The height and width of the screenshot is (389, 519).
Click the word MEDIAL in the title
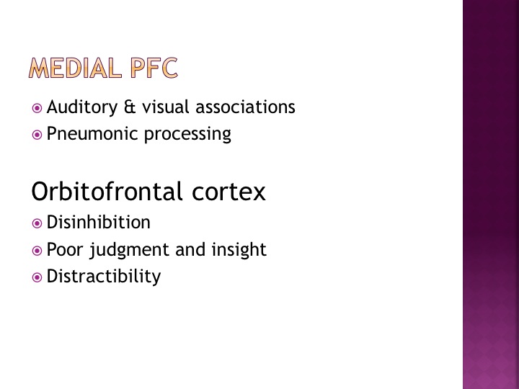(74, 68)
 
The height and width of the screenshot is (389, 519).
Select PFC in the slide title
(154, 68)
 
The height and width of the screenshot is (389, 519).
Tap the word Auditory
(82, 107)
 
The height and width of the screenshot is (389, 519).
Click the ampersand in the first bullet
(130, 107)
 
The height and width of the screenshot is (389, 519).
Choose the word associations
(245, 107)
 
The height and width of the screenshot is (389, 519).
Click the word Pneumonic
(92, 134)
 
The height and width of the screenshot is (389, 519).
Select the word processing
(187, 134)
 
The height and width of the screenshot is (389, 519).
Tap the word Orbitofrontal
(107, 191)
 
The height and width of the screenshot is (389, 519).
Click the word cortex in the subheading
(229, 192)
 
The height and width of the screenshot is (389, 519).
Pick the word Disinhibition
(99, 222)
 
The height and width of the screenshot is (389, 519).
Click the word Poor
(65, 249)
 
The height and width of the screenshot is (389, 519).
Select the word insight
(239, 250)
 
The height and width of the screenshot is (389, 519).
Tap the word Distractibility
(104, 276)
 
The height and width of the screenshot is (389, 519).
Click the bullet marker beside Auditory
(37, 108)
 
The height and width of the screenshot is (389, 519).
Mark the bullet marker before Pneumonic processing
(37, 135)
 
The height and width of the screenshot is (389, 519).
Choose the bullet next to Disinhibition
(37, 223)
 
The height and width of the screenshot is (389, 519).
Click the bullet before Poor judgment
(37, 251)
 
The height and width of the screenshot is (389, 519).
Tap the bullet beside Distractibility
(37, 277)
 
